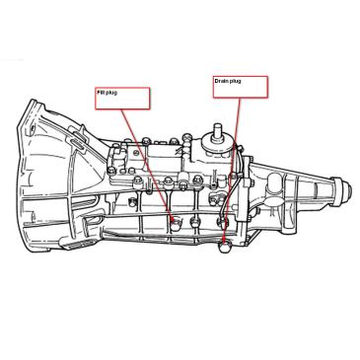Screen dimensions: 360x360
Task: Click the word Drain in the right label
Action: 221,81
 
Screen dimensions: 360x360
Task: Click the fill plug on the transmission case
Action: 174,221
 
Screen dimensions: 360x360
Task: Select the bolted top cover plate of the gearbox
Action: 158,163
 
